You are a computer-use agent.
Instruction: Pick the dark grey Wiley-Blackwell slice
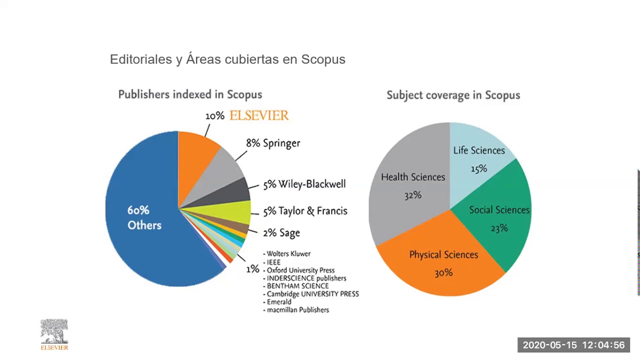click(x=235, y=191)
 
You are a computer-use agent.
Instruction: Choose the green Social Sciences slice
click(x=500, y=220)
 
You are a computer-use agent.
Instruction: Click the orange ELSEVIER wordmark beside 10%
click(x=259, y=115)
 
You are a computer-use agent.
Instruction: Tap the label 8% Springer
click(x=273, y=143)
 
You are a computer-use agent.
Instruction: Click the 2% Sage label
click(x=281, y=233)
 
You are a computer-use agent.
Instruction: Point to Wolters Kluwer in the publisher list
click(x=288, y=254)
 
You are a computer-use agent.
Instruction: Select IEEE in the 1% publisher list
click(x=273, y=262)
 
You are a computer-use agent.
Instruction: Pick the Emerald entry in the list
click(x=278, y=302)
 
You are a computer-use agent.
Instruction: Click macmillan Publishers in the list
click(x=297, y=310)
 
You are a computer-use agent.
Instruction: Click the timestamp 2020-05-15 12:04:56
click(x=573, y=345)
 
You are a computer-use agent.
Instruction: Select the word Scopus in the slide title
click(x=323, y=59)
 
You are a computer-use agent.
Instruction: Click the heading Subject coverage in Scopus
click(x=453, y=95)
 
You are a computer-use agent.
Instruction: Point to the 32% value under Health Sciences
click(x=413, y=195)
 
